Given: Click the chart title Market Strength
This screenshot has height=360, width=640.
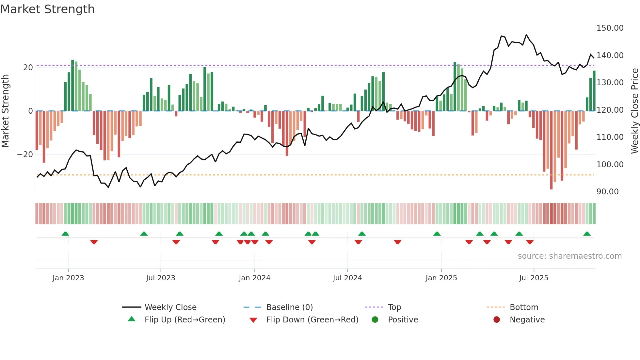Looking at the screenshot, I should [x=47, y=9].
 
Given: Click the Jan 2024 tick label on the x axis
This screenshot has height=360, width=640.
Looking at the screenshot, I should [x=254, y=278].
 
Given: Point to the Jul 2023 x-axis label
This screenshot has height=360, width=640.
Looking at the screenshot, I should [x=160, y=278].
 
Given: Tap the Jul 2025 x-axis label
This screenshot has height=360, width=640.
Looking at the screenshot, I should [x=534, y=278].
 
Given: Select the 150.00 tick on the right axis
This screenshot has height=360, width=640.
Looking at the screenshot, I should [x=610, y=28].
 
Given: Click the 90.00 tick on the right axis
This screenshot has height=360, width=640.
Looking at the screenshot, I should [x=607, y=192].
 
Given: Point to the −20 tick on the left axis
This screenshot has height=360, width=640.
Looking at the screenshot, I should [x=25, y=155].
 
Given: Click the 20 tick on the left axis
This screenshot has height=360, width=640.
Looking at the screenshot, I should [x=28, y=68].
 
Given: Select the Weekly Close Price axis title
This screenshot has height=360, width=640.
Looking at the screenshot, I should [x=634, y=111].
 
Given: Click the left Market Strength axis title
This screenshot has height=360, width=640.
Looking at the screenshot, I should [x=5, y=111].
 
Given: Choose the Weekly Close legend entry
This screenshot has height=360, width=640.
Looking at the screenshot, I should [x=170, y=307].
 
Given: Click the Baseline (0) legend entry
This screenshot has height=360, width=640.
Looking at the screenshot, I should [x=289, y=307].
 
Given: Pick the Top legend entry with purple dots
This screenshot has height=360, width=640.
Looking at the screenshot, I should [x=394, y=307].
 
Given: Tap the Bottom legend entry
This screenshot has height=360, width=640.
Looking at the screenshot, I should [x=524, y=307].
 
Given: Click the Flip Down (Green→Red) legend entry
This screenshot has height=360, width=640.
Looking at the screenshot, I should [x=312, y=320].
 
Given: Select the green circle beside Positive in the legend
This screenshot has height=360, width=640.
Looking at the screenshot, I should [x=375, y=320].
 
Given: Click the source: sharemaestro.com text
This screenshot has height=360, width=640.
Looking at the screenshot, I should [x=569, y=256].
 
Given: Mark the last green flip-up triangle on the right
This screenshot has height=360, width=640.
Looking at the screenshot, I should [x=587, y=234].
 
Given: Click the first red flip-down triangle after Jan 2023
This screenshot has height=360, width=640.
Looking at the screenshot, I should [x=94, y=242].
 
